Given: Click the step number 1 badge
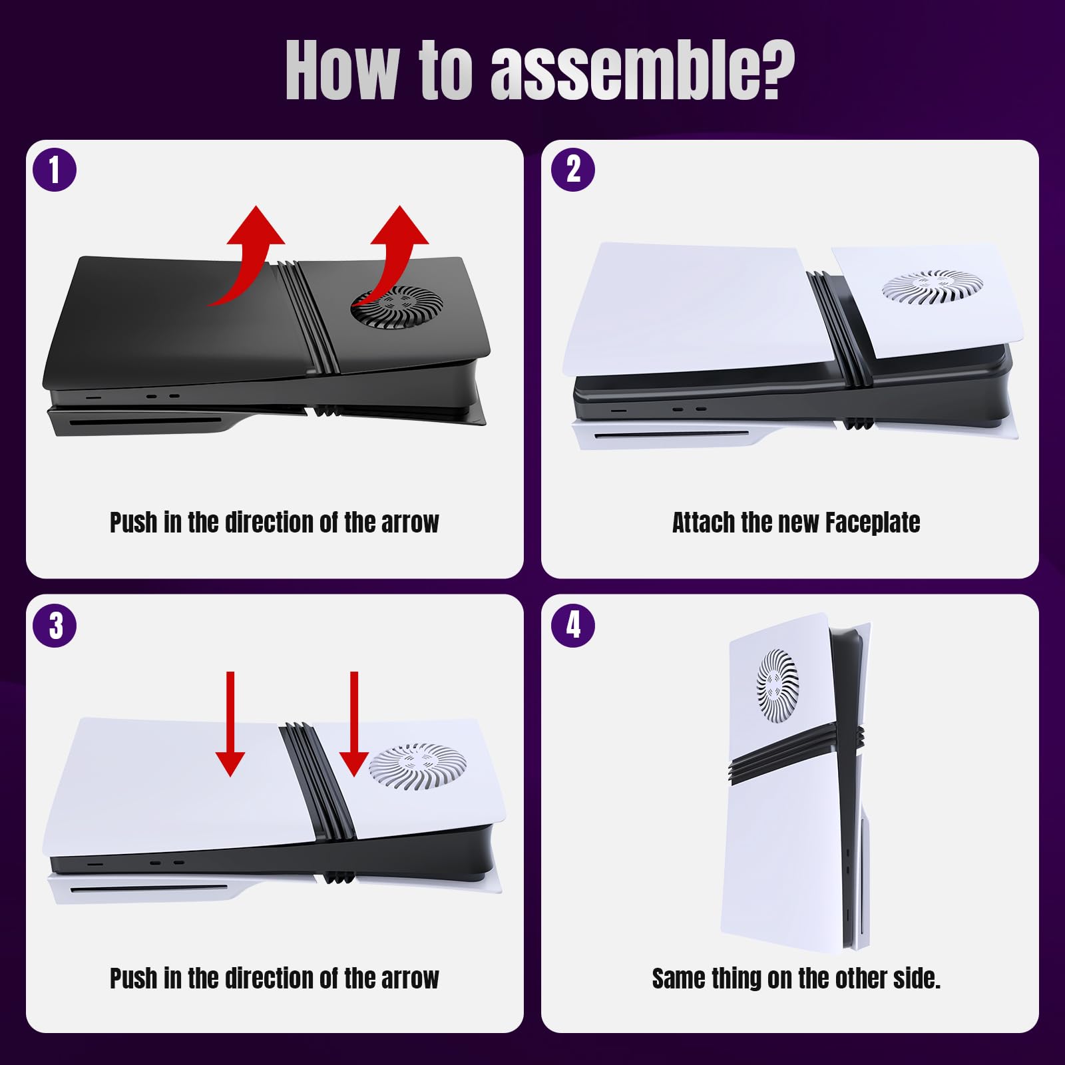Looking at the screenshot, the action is pos(55,170).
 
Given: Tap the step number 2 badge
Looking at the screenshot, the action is pos(573,170).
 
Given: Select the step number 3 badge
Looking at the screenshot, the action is pos(55,626).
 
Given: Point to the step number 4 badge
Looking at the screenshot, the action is pos(573,626).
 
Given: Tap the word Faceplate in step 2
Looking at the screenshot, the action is pos(873,523).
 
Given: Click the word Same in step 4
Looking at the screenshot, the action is pos(678,978).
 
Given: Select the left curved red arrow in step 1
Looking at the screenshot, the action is pos(251,260).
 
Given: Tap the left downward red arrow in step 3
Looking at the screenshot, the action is pos(230,724).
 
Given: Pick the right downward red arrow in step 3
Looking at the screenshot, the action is pos(354,724).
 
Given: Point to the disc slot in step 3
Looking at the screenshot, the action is pos(149,889).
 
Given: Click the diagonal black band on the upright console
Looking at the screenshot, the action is pos(796,753).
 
